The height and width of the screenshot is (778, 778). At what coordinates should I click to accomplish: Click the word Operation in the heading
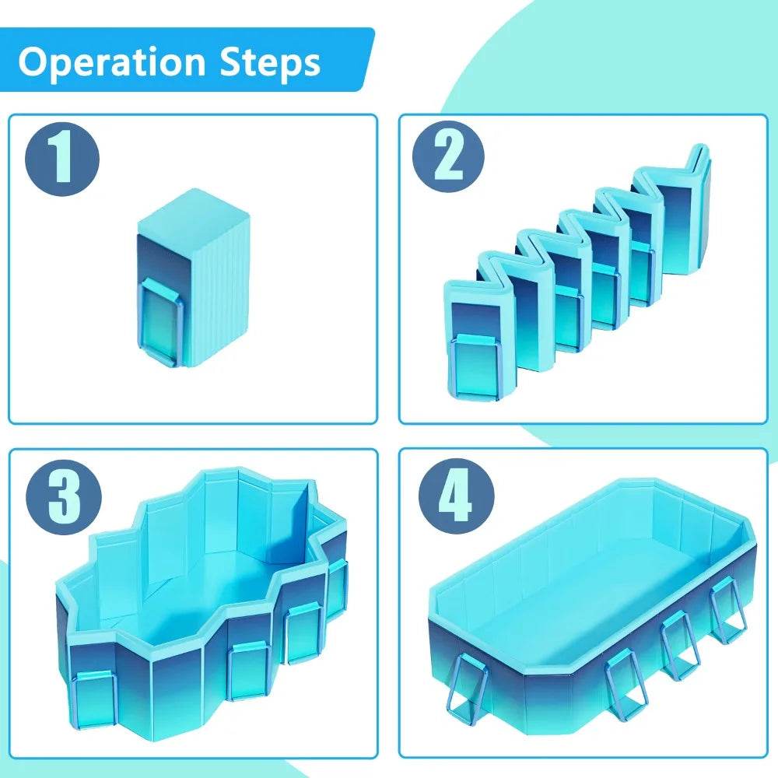tap(111, 62)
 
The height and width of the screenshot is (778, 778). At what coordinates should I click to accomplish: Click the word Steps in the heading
tap(271, 62)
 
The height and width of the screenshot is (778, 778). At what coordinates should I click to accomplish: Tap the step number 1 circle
tap(62, 159)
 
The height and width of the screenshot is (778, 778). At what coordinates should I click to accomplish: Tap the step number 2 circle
tap(449, 157)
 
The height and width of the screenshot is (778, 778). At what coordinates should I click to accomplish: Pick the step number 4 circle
tap(457, 496)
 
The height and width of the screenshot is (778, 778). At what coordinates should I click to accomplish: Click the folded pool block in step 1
tap(193, 278)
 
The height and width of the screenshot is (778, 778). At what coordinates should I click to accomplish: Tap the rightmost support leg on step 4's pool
tap(727, 610)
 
